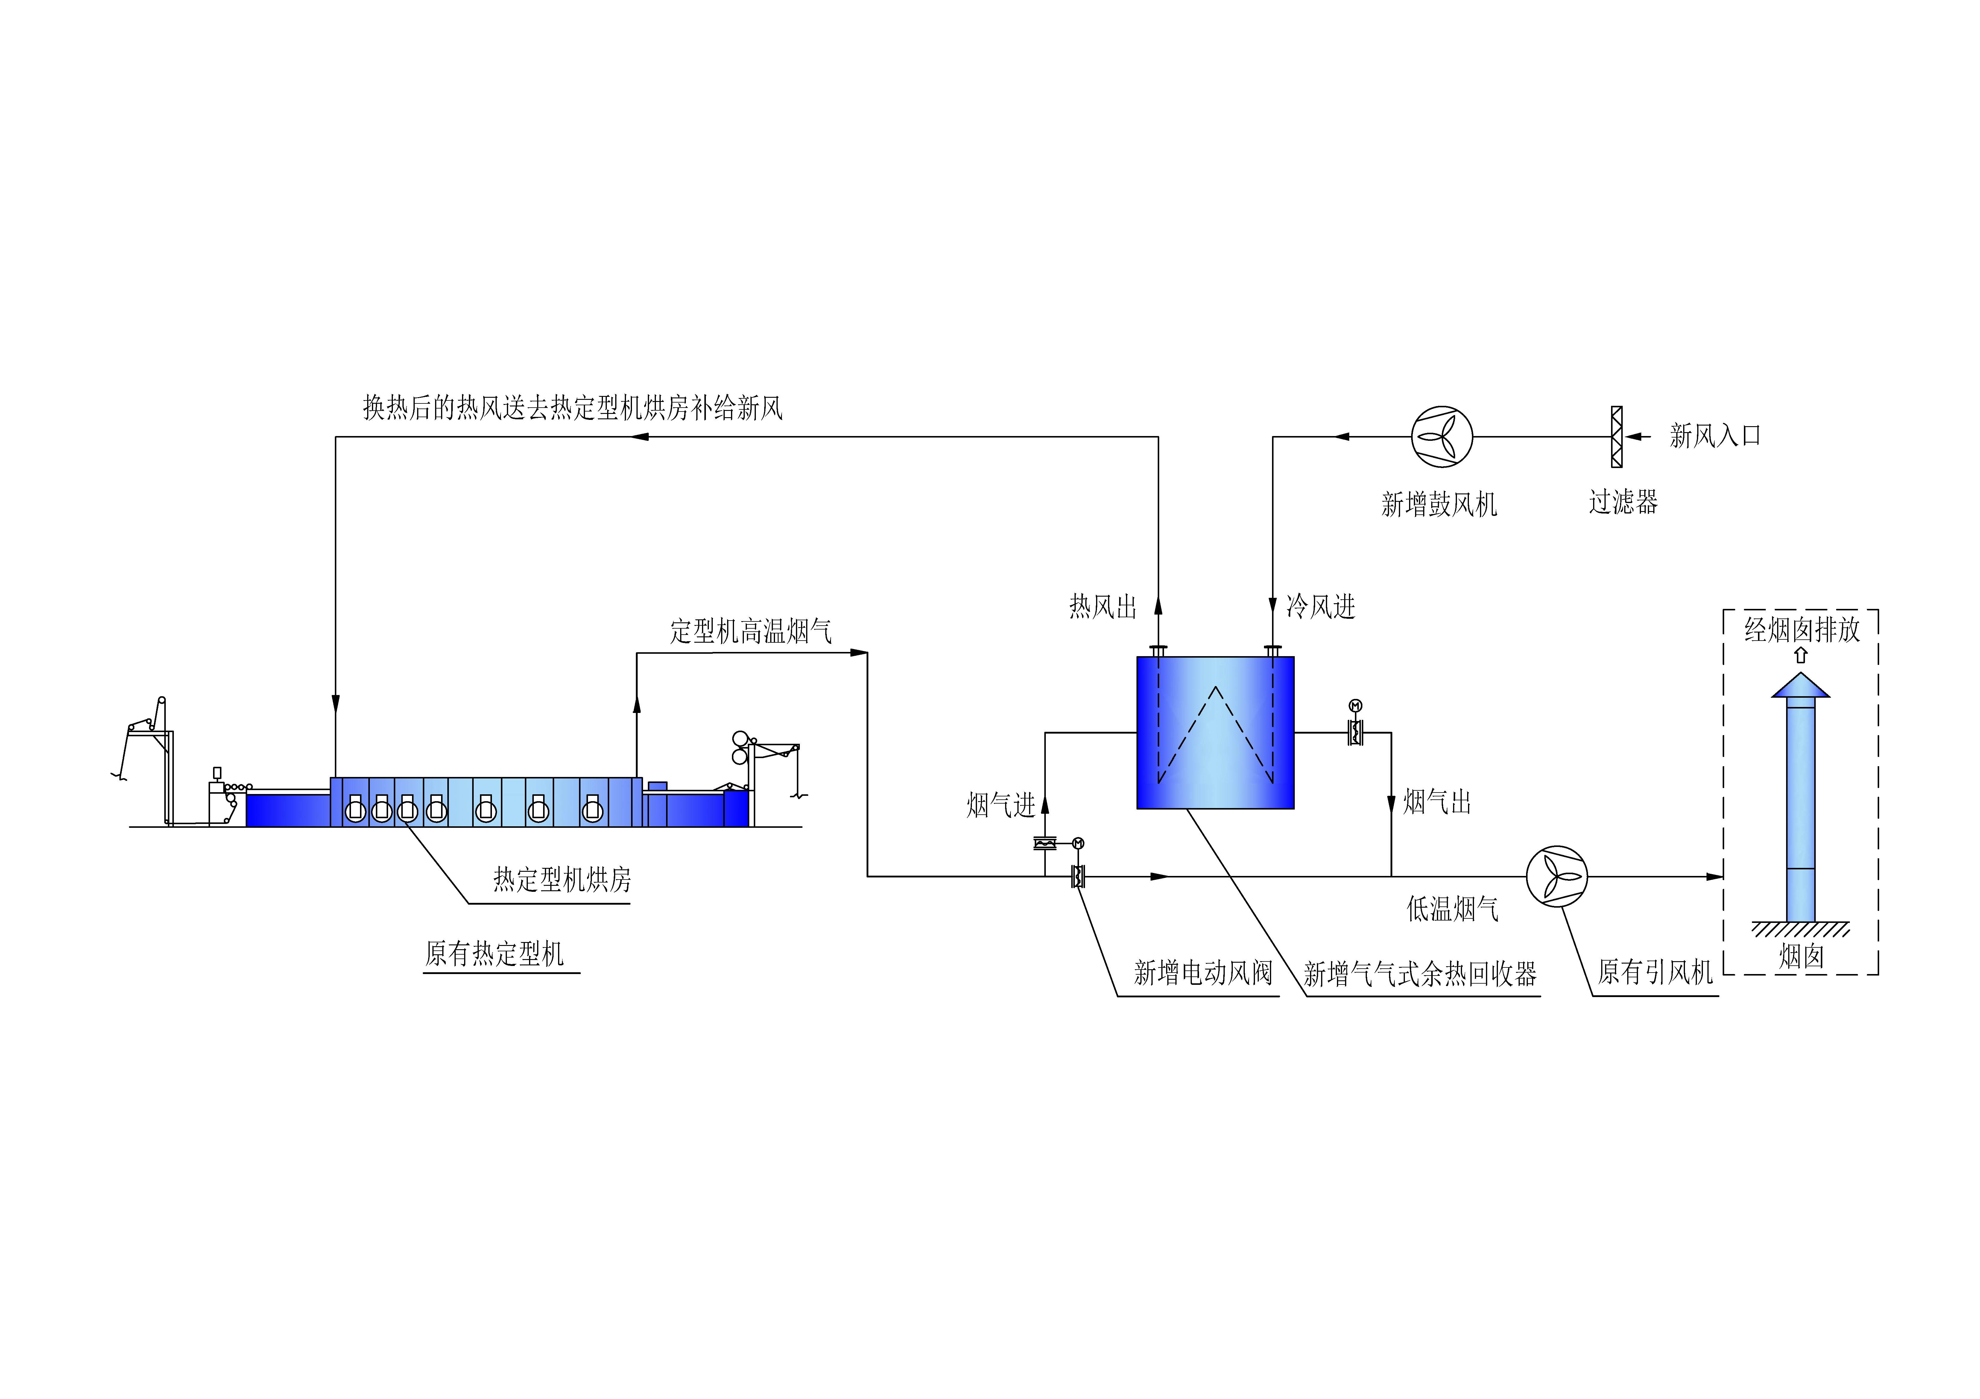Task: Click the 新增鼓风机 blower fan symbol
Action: click(x=1442, y=437)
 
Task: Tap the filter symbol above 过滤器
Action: click(x=1617, y=437)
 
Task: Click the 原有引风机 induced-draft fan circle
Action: click(x=1557, y=877)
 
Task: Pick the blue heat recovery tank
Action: click(x=1215, y=733)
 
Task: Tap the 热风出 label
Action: click(x=1103, y=607)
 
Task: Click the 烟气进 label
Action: click(x=1000, y=805)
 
